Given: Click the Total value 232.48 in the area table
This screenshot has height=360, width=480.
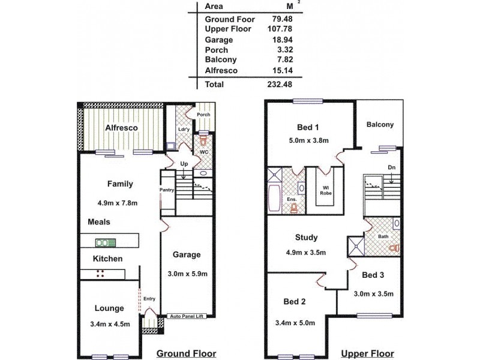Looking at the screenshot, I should coord(280,85).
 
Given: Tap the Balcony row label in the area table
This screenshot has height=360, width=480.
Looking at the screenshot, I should coord(220,60).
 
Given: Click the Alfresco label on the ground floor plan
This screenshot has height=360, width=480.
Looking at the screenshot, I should coord(122,128).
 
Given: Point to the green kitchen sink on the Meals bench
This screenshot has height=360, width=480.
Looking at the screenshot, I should coord(106,243).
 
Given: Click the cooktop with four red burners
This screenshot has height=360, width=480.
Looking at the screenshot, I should coord(101,274).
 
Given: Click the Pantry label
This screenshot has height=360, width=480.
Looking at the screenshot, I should coord(167,190).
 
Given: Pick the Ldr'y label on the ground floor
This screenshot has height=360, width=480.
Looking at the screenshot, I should coord(184,130).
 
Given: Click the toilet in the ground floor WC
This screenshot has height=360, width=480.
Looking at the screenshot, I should coord(203,141).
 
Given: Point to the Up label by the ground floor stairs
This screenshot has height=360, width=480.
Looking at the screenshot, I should coord(184,163).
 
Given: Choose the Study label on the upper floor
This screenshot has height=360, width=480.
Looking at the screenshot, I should coord(306,238).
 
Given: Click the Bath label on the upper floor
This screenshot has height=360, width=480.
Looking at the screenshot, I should coord(383,236).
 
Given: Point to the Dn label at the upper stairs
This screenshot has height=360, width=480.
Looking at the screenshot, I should coord(392,167).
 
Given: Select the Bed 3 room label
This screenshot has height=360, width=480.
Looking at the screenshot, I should coord(373,274).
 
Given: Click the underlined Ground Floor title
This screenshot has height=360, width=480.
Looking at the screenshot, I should coord(186,353).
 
